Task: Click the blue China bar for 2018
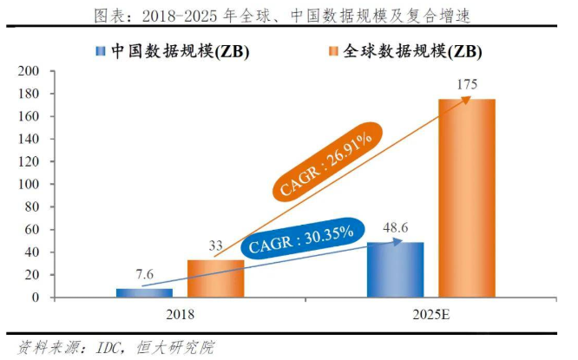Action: (145, 292)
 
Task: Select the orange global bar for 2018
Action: (215, 278)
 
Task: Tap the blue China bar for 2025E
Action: (396, 270)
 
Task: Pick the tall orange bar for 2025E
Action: (466, 198)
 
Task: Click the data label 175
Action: (466, 86)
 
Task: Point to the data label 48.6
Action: (396, 231)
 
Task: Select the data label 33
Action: (216, 248)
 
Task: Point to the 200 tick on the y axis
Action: (29, 71)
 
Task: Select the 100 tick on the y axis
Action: (29, 184)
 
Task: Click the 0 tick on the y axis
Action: (35, 298)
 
